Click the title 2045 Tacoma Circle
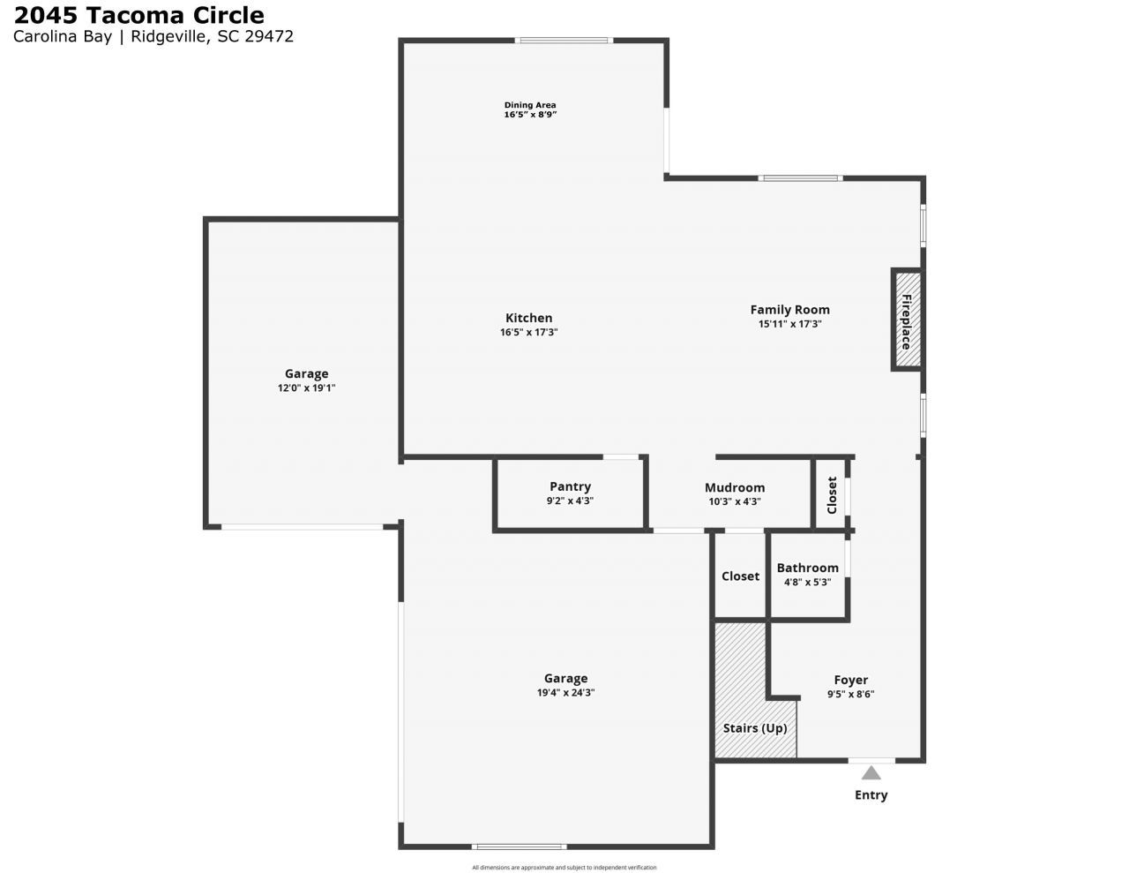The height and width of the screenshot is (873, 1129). coord(138,15)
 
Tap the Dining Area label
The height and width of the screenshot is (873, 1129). coord(530,105)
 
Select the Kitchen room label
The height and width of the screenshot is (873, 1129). coord(529,318)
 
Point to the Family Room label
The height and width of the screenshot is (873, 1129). coord(789,309)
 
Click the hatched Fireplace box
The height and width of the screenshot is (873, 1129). coord(907,320)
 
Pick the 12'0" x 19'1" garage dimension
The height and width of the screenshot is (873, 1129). coord(306,388)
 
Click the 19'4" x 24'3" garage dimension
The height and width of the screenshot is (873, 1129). coord(565,693)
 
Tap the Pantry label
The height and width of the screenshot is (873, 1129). coord(570,486)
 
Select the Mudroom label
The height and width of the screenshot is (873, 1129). coord(735,487)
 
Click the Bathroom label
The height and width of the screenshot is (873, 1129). coord(807,568)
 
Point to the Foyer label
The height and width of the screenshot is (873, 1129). coord(850,680)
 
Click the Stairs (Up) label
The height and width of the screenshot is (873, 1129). coord(755,728)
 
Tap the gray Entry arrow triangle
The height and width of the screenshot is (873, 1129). coord(871,773)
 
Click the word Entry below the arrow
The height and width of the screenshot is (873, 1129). coord(871,794)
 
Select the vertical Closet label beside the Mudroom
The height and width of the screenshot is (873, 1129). coord(832,495)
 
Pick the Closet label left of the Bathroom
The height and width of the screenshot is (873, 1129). coord(740,576)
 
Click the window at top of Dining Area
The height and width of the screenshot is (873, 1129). coord(564,40)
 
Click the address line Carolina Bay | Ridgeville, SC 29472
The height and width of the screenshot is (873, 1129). coord(153,36)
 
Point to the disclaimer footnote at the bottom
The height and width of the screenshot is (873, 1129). coord(564,868)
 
